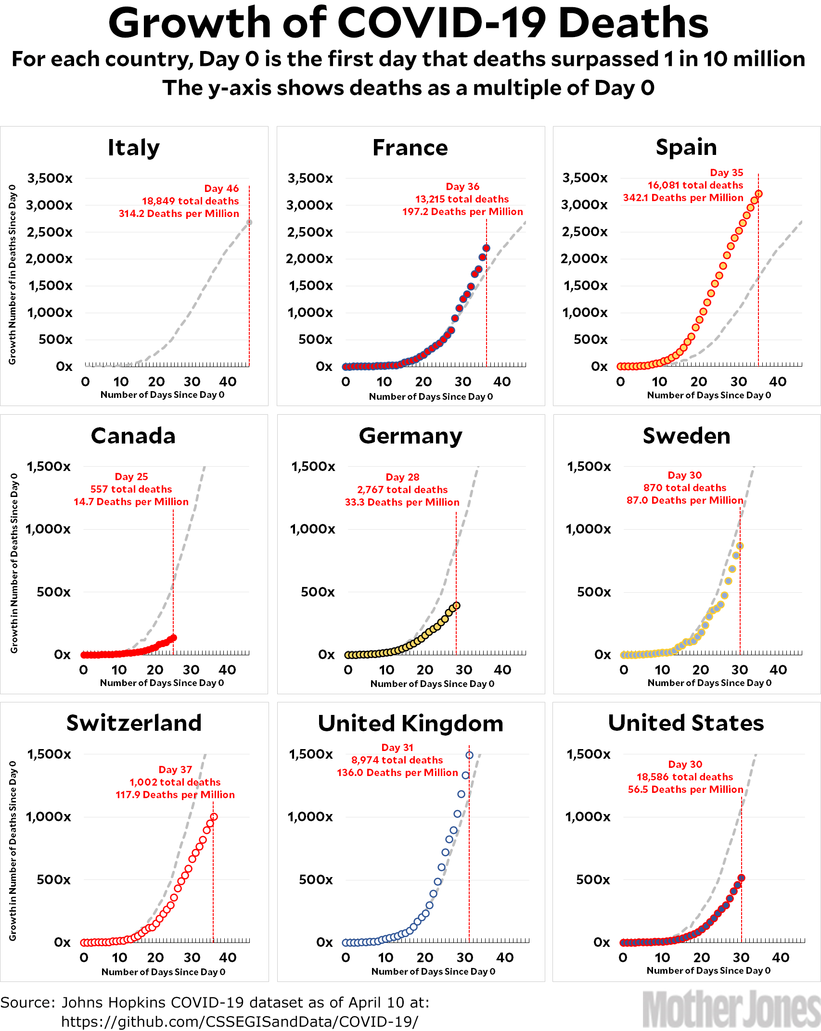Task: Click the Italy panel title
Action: coord(133,148)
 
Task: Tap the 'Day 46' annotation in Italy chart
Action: coord(221,189)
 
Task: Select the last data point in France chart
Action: coord(486,248)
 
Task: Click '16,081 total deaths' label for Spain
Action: coord(695,185)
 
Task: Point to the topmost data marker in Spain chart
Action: coord(758,194)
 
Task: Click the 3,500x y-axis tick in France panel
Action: coord(310,178)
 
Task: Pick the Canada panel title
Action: coord(133,436)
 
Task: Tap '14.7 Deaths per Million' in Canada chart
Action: coord(131,502)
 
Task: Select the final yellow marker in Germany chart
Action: coord(456,606)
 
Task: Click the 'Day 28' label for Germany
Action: coord(402,477)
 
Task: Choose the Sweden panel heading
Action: coord(686,436)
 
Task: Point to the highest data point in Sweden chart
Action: coord(740,546)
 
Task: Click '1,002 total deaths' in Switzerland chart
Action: coord(175,782)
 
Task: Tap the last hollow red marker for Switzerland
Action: coord(214,817)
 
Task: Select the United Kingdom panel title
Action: coord(410,724)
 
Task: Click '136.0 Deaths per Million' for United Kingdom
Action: coord(397,773)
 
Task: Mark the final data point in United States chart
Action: coord(741,878)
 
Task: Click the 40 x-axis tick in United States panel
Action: coord(780,957)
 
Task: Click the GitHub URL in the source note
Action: coord(240,1021)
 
